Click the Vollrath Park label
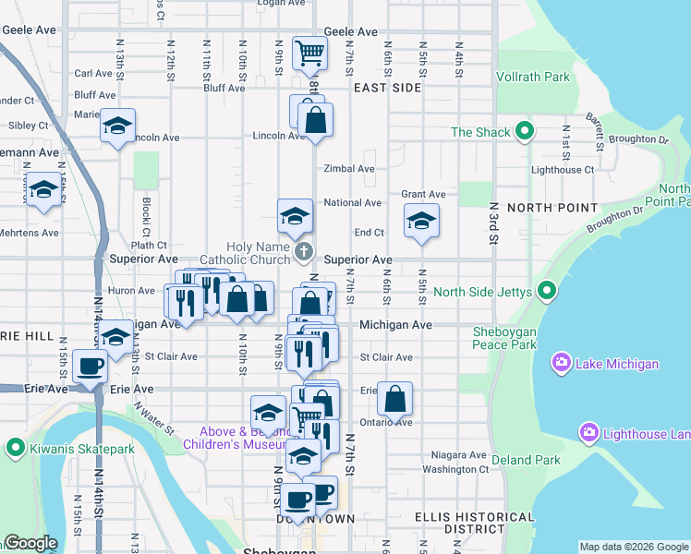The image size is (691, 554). coord(533,78)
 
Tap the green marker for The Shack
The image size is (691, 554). coord(525,132)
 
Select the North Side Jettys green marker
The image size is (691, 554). coord(547,293)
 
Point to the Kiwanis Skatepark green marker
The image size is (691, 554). coord(15,449)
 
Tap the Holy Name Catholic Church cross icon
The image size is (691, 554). coord(304,251)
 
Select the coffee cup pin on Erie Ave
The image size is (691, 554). coord(91,366)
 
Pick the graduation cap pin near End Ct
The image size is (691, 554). coord(421,221)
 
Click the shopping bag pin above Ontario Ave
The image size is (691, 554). coord(394,399)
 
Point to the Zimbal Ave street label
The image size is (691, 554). coord(349,169)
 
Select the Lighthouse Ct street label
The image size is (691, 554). coord(563,170)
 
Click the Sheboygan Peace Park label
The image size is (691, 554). coord(503,338)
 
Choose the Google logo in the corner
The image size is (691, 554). coord(31,543)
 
